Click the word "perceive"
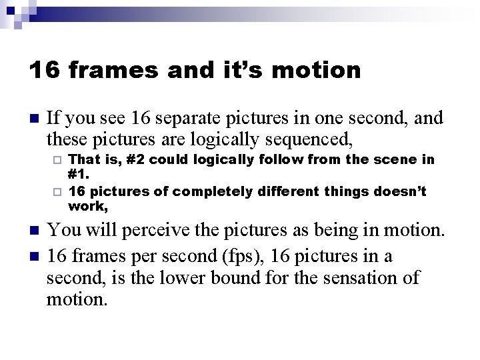(x=131, y=231)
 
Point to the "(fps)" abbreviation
(x=235, y=255)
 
